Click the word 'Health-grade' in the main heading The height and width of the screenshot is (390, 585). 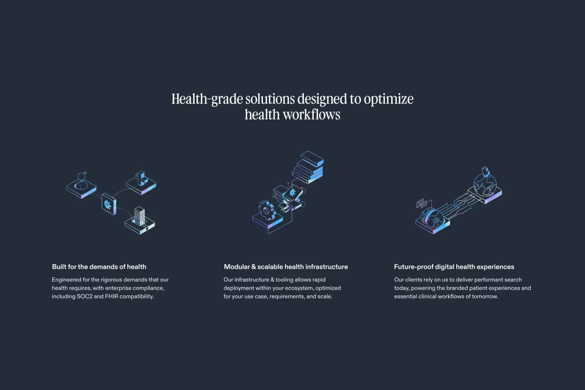coord(207,99)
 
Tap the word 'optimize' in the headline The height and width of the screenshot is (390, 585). coord(389,99)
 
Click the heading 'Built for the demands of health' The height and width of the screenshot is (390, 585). coord(99,267)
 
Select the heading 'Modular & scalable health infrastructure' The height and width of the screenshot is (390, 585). coord(286,267)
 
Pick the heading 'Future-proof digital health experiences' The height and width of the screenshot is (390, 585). coord(454,267)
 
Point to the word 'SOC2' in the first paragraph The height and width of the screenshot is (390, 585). coord(84,296)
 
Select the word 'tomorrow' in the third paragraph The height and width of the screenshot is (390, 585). coord(485,296)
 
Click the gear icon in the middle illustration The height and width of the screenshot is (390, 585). coord(267,210)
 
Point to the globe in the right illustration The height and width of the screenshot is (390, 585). coord(485,185)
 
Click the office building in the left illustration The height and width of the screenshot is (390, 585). coord(140,216)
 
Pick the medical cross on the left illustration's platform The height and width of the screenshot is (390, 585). coord(141,178)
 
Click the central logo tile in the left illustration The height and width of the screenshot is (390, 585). coord(109,204)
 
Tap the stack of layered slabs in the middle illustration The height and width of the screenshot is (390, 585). coord(308,167)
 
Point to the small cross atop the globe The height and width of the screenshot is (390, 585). coord(486,171)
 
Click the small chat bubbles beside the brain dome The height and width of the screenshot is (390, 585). coord(422,203)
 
